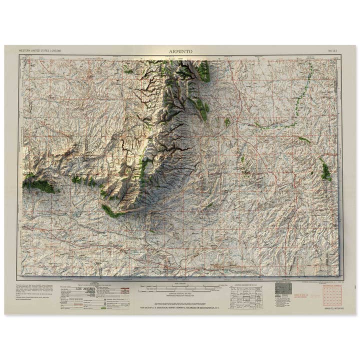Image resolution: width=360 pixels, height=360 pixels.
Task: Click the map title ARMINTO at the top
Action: click(180, 50)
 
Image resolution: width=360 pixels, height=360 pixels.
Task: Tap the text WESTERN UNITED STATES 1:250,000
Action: click(40, 50)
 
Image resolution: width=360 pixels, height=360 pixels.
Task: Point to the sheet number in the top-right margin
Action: click(333, 50)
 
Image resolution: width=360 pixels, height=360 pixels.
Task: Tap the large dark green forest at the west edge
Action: click(40, 185)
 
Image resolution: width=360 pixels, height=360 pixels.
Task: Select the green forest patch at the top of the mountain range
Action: click(203, 72)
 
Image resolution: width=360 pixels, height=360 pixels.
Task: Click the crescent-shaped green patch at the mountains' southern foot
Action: click(111, 211)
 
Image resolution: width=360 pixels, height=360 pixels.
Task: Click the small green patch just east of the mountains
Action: click(227, 121)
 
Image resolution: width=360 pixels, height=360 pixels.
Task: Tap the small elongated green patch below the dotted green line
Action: click(304, 139)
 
